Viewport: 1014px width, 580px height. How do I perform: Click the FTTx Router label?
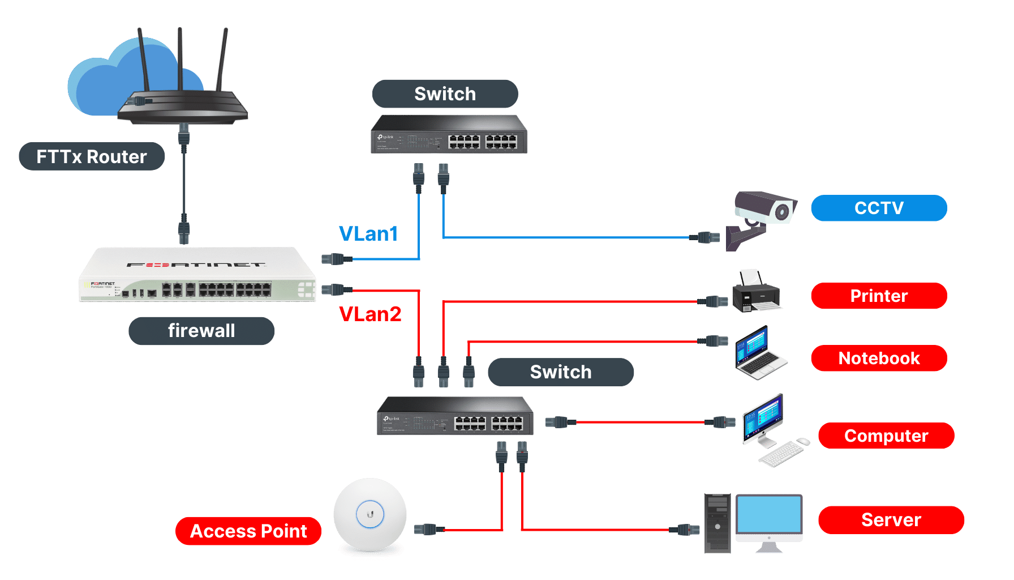(x=92, y=156)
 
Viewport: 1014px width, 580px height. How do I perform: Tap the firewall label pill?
(x=201, y=331)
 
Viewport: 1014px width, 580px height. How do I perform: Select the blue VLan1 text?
(x=368, y=233)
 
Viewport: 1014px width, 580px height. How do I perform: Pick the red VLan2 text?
(x=370, y=314)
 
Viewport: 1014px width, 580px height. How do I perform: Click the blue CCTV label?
(x=879, y=208)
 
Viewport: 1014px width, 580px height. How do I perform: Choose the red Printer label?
(x=879, y=296)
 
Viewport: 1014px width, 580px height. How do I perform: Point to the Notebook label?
(x=879, y=358)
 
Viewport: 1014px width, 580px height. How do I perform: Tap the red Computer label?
(x=886, y=436)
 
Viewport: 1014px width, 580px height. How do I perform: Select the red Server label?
(x=891, y=520)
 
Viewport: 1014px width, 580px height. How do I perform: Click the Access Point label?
(x=248, y=531)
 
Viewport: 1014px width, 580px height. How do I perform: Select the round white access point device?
(x=370, y=514)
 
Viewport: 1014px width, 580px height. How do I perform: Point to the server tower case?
(x=717, y=523)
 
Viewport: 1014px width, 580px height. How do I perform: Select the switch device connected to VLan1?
(x=449, y=135)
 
